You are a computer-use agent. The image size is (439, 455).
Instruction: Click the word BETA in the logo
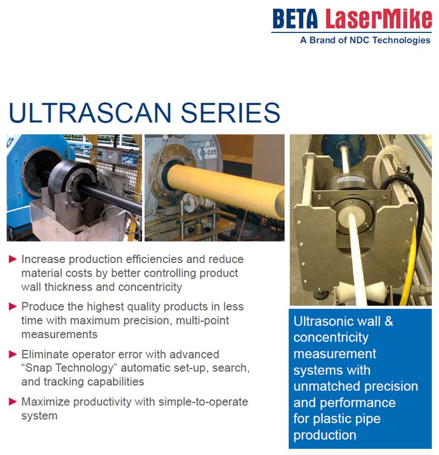(x=295, y=19)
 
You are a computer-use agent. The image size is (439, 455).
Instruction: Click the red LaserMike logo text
(x=378, y=19)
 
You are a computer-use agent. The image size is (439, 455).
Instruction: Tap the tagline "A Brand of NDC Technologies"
(x=365, y=40)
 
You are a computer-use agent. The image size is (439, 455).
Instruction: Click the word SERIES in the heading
(x=230, y=113)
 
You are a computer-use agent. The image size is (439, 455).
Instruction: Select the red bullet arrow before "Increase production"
(x=13, y=259)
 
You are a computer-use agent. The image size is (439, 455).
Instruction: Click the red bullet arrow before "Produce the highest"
(x=13, y=306)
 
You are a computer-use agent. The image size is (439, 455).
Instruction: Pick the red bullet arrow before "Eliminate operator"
(x=13, y=354)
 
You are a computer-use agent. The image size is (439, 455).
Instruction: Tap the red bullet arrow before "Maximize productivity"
(x=13, y=402)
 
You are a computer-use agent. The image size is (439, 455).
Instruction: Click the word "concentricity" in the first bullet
(x=150, y=287)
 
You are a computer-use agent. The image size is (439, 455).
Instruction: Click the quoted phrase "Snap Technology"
(x=69, y=368)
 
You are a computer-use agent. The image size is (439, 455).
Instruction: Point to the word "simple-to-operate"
(x=203, y=402)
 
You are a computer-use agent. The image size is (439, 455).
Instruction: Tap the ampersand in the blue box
(x=389, y=321)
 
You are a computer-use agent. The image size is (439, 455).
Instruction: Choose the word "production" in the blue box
(x=325, y=436)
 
